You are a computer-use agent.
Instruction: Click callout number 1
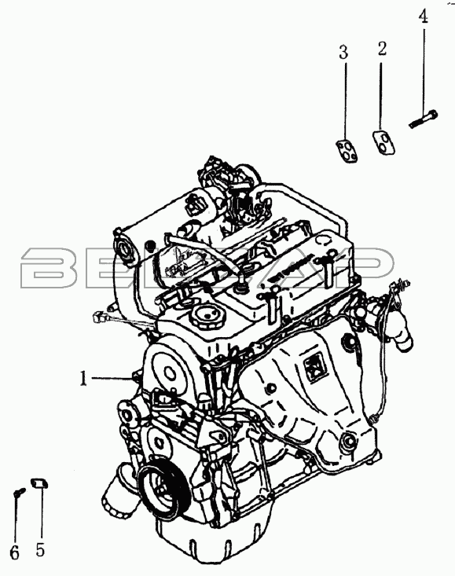coord(84,378)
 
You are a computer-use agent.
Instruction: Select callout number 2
coord(382,49)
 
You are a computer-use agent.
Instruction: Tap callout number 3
coord(343,53)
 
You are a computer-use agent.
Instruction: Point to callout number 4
coord(424,17)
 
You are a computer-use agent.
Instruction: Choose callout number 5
coord(40,549)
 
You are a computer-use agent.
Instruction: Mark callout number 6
coord(14,553)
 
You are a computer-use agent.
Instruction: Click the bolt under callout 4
coord(423,119)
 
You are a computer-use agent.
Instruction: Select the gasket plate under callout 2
coord(384,142)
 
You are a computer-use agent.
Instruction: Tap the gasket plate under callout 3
coord(347,151)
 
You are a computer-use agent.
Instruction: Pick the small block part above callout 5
coord(39,482)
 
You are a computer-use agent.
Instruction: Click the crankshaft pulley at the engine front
coord(162,489)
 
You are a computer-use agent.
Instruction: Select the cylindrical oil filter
coord(119,489)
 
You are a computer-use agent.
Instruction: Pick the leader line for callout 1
coord(112,377)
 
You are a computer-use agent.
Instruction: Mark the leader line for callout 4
coord(424,68)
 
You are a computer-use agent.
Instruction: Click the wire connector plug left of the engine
coord(100,316)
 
